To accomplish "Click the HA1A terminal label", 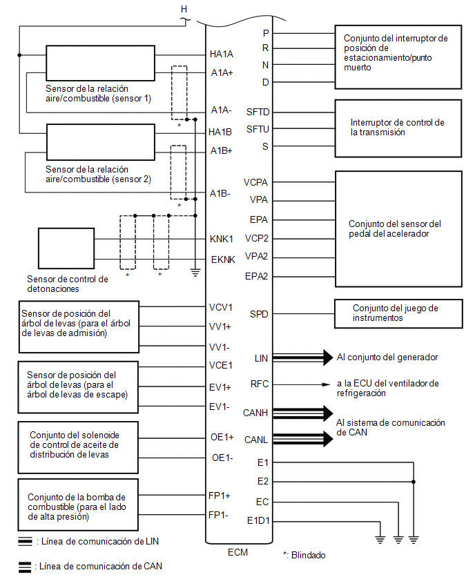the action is (222, 55).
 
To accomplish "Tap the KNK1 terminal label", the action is (222, 239).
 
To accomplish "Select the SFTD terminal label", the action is (258, 112).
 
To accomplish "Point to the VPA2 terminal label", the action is (256, 257).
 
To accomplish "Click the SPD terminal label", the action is (259, 314).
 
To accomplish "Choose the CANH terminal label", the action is (255, 413).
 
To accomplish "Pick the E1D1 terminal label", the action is (258, 520).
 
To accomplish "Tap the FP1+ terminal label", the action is (219, 496).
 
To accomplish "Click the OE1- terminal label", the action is (222, 458).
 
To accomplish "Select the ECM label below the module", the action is (238, 552).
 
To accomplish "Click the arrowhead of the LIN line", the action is (328, 357).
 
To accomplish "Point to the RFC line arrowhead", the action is (327, 384).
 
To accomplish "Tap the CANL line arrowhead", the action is (328, 439).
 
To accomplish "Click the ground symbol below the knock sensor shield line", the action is (195, 273).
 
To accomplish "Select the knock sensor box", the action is (66, 248).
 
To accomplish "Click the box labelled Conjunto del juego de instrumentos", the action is (398, 313).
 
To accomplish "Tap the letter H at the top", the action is (184, 9).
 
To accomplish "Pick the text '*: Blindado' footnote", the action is (304, 555).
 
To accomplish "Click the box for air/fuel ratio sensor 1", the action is (101, 63).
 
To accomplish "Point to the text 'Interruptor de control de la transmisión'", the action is (398, 128).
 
